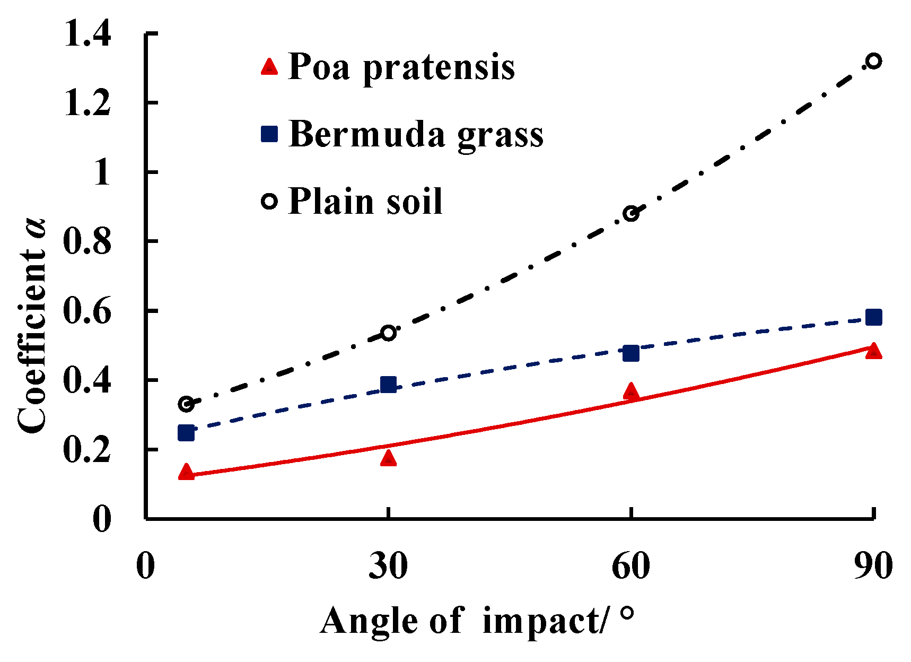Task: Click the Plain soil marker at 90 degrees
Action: pos(873,61)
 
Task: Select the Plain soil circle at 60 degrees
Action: pos(630,214)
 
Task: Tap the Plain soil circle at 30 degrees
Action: pos(389,333)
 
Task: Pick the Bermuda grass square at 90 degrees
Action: pos(873,317)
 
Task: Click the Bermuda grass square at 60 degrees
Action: pos(630,353)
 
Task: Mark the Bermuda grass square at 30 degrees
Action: pos(389,385)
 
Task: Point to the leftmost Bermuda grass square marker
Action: pos(186,433)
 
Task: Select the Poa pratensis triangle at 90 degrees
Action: pos(873,351)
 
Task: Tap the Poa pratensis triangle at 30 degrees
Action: pos(389,458)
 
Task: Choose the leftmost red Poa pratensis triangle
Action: pos(186,472)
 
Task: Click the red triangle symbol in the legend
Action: pos(269,67)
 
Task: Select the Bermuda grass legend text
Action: pos(416,134)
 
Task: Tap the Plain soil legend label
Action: pos(365,202)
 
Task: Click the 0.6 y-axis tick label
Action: pos(87,311)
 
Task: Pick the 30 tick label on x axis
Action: pos(388,566)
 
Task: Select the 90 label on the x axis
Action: pos(872,566)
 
